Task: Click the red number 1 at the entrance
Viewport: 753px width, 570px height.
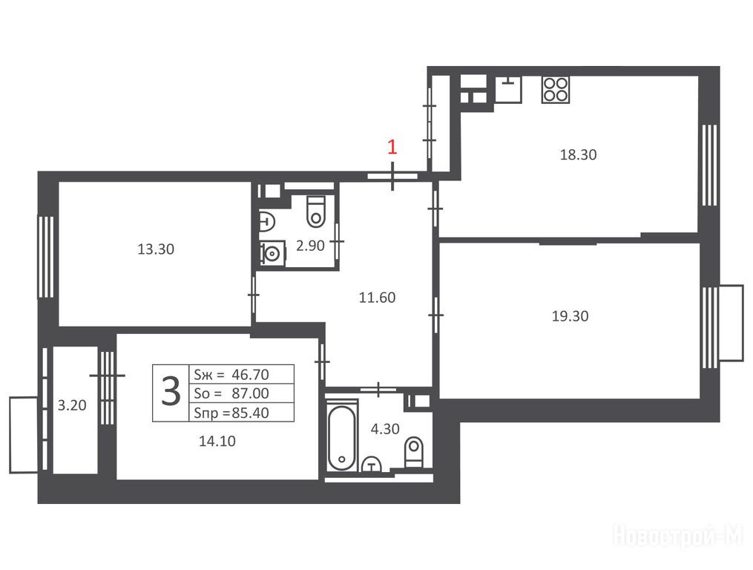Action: coord(392,147)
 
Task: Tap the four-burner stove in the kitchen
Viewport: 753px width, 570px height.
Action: coord(556,89)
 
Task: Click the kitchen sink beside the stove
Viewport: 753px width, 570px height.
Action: coord(509,89)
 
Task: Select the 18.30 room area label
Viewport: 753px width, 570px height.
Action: coord(578,155)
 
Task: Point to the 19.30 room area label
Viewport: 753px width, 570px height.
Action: coord(570,316)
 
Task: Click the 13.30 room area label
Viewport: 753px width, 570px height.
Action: coord(156,249)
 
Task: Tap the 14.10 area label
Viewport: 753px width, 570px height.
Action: coord(217,441)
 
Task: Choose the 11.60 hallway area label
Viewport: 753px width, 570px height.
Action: coord(378,298)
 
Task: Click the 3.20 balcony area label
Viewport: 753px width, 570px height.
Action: coord(72,405)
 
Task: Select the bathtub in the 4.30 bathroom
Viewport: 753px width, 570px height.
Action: coord(342,438)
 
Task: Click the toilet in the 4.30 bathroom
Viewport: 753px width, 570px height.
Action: coord(413,452)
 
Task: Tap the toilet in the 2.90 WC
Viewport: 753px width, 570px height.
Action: coord(316,212)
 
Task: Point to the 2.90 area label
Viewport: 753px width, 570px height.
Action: coord(310,246)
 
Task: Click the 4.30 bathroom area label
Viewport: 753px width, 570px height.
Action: coord(385,429)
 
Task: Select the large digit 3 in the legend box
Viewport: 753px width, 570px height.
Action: coord(171,392)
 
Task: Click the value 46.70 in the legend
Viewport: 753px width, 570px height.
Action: coord(250,374)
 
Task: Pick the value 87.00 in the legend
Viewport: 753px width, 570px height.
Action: coord(250,393)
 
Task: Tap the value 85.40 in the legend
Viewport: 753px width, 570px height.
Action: coord(250,413)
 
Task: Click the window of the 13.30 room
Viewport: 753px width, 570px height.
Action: coord(46,257)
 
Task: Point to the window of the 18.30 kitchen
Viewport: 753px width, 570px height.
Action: coord(710,166)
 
